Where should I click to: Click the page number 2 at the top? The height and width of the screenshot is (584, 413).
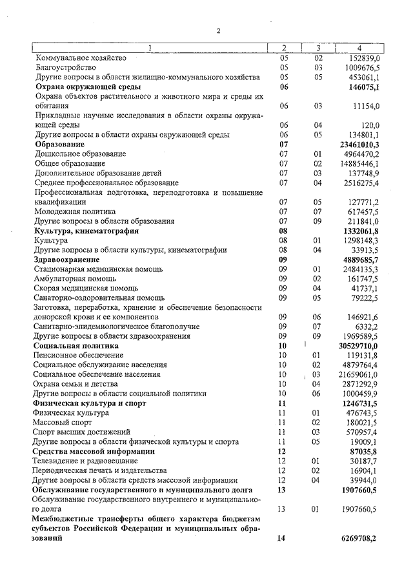(x=219, y=30)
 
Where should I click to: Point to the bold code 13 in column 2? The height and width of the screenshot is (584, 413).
(x=281, y=490)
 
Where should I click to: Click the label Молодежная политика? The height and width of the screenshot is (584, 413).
(x=75, y=211)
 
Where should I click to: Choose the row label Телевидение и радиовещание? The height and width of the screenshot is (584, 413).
(x=85, y=461)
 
